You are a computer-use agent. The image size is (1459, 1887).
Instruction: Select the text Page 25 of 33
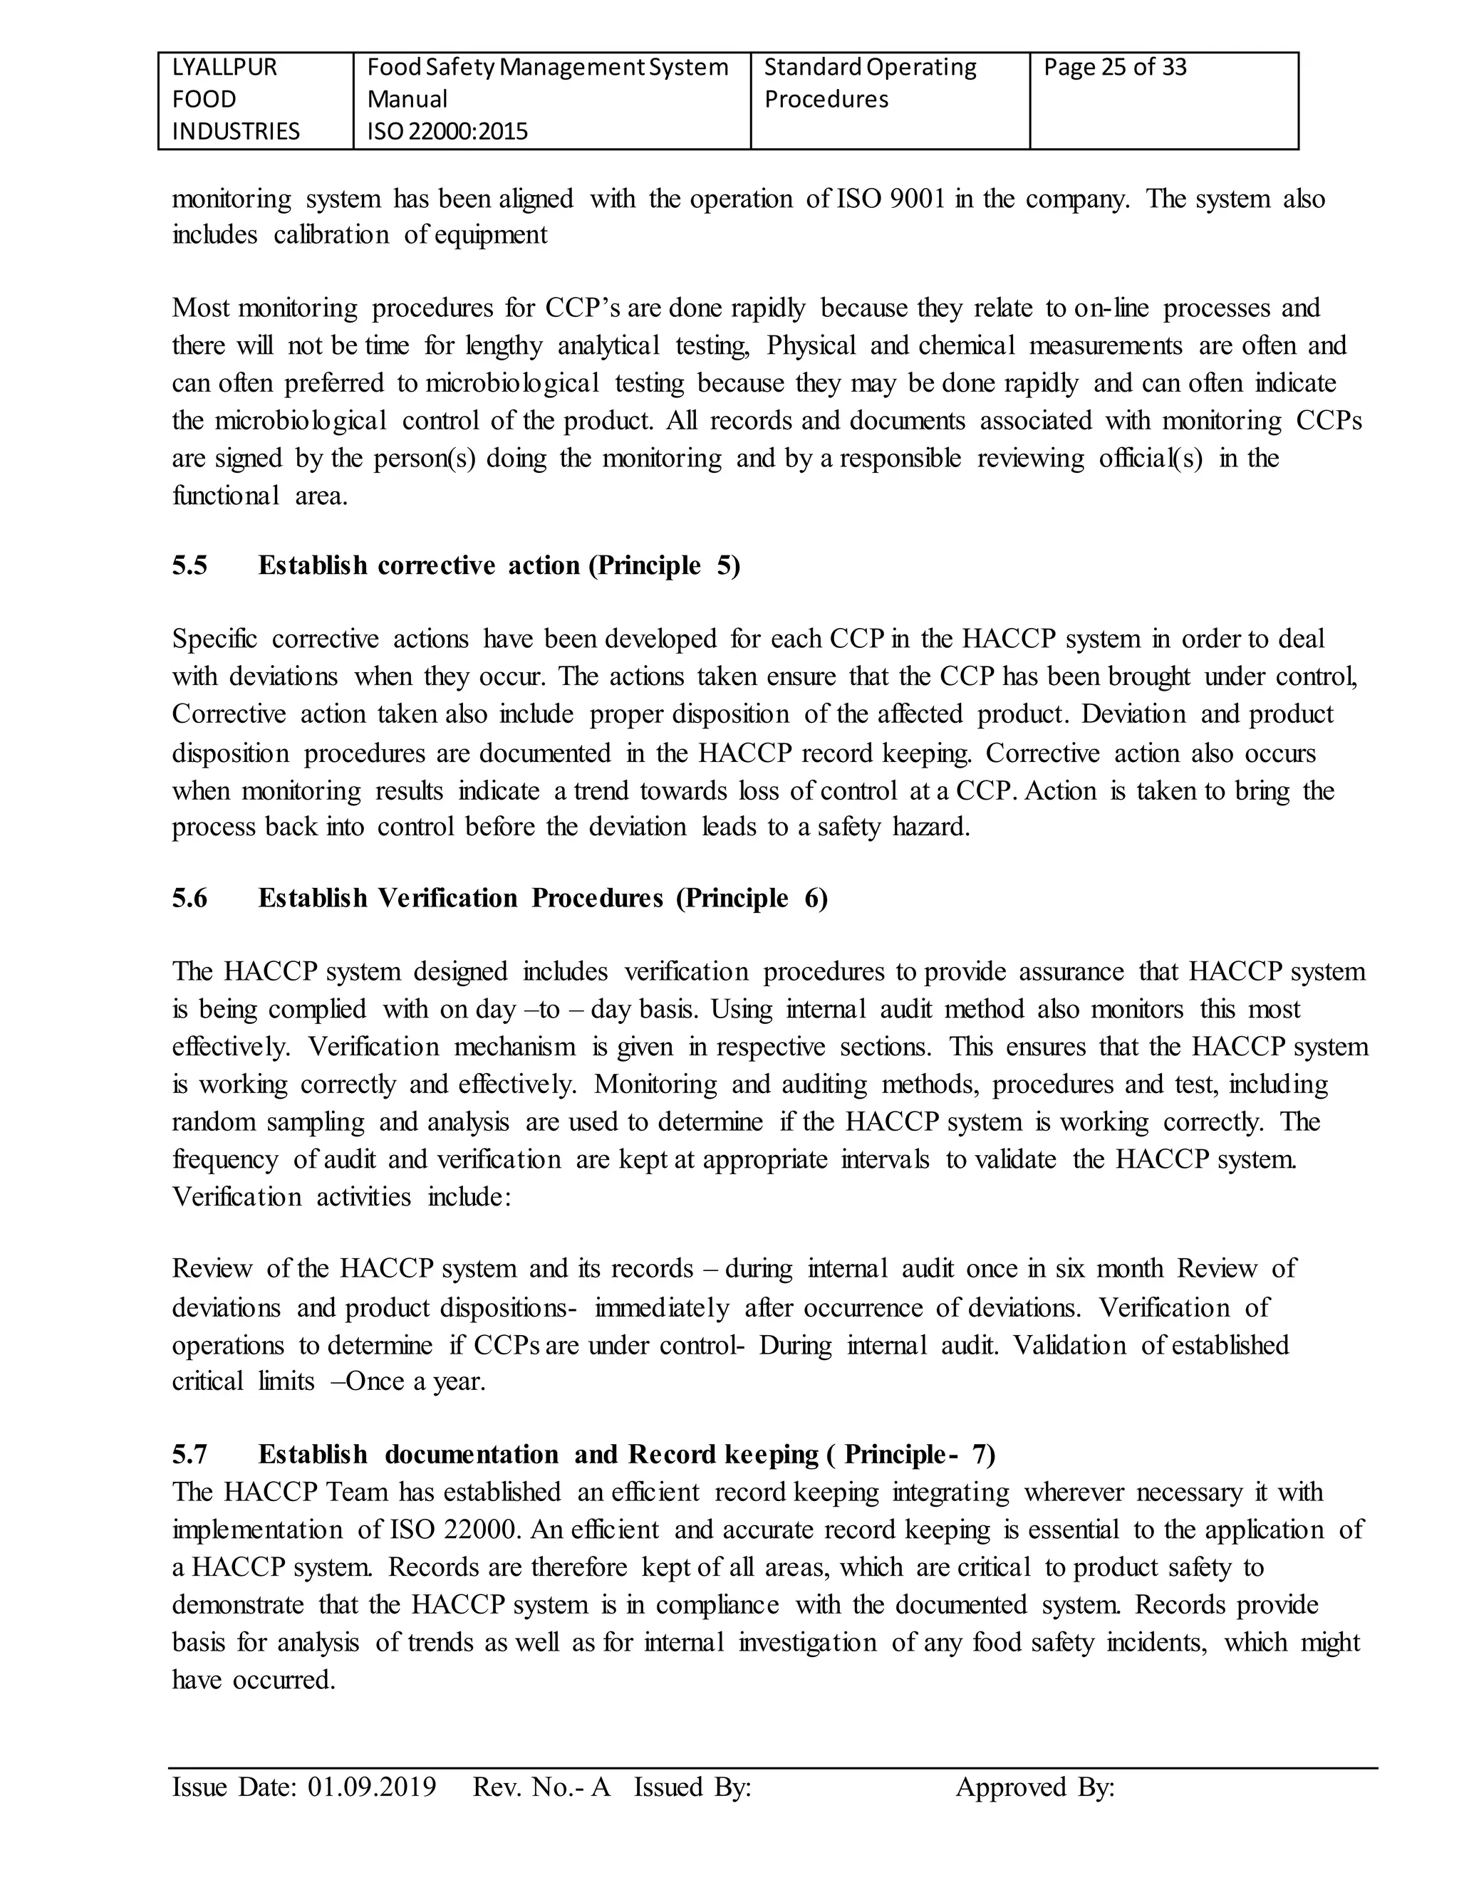click(1114, 68)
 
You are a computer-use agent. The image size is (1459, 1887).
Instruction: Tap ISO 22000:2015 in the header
click(447, 131)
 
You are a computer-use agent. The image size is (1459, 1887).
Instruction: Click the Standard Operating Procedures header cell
click(870, 83)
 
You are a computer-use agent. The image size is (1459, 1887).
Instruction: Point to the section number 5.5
click(189, 566)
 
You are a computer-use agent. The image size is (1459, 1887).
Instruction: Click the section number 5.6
click(189, 899)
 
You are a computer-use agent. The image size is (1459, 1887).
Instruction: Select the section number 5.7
click(189, 1455)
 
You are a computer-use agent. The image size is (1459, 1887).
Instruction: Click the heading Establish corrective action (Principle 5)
click(499, 566)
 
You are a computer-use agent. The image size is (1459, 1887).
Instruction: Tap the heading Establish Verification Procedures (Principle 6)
click(543, 899)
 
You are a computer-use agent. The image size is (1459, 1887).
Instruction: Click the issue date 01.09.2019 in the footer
click(372, 1787)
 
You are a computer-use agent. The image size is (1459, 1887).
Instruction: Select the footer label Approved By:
click(1034, 1787)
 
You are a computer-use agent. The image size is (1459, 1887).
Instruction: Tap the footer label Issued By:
click(692, 1787)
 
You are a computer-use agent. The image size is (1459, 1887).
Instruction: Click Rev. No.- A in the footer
click(541, 1787)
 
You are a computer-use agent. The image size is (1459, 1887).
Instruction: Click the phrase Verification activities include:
click(341, 1198)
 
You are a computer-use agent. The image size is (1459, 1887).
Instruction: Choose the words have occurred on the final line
click(252, 1680)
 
